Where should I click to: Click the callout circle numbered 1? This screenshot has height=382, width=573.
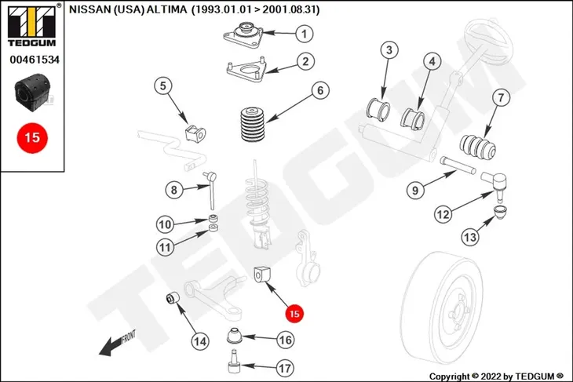point(304,34)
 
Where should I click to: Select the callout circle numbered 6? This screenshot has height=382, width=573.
point(320,90)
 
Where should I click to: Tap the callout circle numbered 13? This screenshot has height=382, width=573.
point(470,237)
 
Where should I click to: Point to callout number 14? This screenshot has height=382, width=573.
point(200,341)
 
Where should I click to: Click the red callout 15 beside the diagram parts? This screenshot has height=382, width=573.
point(294,313)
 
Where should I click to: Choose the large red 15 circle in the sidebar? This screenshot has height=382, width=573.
point(32,138)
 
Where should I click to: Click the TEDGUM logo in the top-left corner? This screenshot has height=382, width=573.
point(32,25)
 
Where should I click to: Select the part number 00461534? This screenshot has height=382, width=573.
point(35,59)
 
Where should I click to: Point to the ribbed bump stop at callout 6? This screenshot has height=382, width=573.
point(252,124)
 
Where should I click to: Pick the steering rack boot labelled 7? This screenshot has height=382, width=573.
point(477,147)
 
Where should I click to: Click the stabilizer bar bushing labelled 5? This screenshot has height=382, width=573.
point(195,133)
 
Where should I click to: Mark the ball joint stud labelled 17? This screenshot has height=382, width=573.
point(234,361)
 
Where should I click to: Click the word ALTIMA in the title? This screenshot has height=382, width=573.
point(166,9)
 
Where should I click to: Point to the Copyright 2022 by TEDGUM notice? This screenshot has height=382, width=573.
point(496,377)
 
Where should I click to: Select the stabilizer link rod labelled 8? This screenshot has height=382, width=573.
point(212,191)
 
